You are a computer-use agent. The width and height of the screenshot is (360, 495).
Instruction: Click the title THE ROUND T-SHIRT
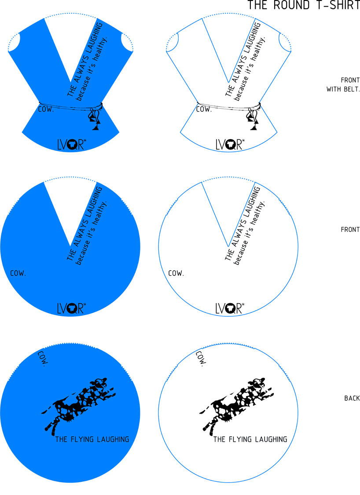304,5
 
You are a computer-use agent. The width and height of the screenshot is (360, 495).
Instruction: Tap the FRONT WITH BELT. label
343,84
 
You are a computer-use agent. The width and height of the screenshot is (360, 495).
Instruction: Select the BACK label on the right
352,398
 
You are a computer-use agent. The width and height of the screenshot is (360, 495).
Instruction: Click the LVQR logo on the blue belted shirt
72,144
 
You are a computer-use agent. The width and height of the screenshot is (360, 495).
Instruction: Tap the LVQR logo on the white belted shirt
230,144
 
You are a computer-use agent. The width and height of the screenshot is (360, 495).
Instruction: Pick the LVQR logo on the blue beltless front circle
71,308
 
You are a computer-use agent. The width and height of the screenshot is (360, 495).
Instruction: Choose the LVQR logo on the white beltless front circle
230,308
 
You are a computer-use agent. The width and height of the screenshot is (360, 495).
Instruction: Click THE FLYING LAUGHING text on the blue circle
92,439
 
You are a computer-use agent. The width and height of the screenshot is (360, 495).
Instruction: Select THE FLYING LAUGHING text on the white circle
250,439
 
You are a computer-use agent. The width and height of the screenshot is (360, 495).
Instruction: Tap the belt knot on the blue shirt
95,117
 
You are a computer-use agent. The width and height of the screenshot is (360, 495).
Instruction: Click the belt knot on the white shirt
253,117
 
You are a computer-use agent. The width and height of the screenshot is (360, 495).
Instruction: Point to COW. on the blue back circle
43,358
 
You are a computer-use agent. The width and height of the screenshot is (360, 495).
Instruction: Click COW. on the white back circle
201,358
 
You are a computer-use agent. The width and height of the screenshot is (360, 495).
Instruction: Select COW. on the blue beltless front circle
18,273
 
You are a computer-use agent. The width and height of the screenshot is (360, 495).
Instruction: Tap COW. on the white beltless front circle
176,273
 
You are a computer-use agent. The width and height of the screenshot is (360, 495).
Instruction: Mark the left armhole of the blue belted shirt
15,42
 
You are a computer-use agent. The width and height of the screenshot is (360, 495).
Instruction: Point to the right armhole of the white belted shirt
285,42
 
